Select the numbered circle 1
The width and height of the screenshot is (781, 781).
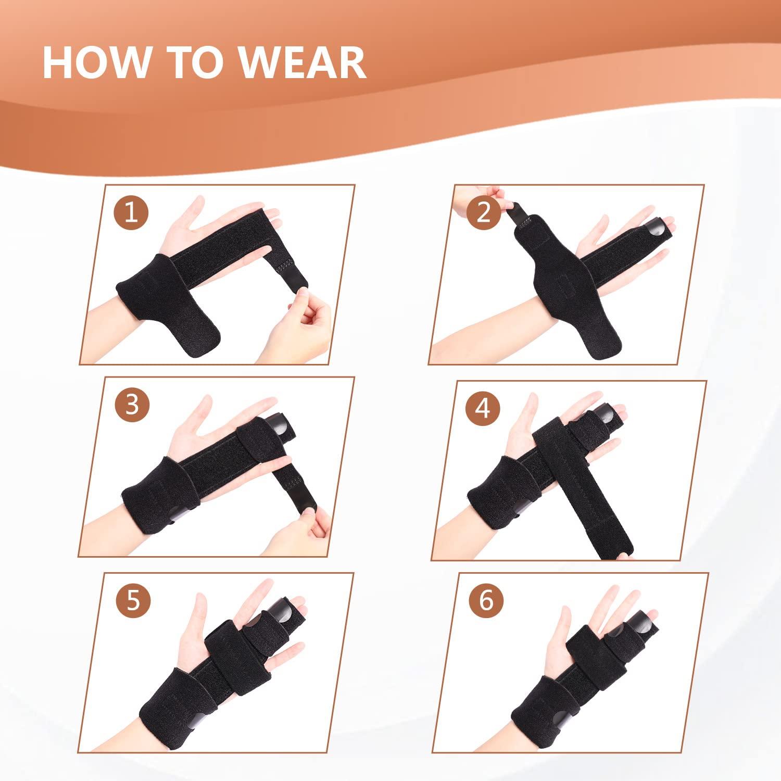coord(132,212)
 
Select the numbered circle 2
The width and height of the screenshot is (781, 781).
coord(484,212)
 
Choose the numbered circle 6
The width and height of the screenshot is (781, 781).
coord(486,600)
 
